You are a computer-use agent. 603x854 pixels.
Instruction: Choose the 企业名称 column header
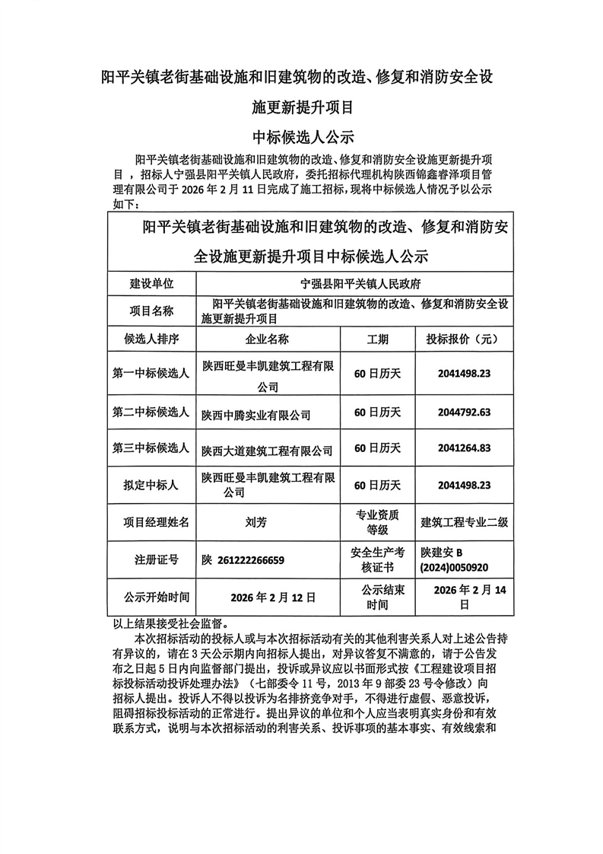pyautogui.click(x=268, y=339)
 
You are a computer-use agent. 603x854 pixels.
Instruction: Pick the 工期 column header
pyautogui.click(x=378, y=339)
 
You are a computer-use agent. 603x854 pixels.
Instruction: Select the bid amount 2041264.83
pyautogui.click(x=464, y=448)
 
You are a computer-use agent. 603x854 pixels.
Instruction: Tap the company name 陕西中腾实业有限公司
pyautogui.click(x=256, y=415)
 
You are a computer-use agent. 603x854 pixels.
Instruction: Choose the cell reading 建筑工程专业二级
pyautogui.click(x=464, y=522)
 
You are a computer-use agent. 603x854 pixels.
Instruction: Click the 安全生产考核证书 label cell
pyautogui.click(x=378, y=559)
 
